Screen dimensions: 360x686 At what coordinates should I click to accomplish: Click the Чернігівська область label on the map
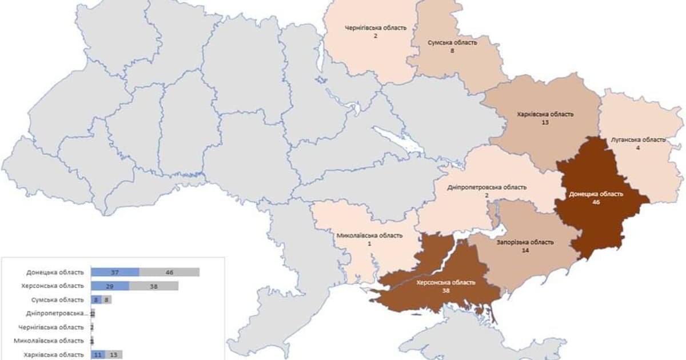click(376, 27)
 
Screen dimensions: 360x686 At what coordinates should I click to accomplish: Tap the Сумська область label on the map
click(452, 42)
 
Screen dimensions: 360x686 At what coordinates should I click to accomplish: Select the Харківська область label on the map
click(545, 114)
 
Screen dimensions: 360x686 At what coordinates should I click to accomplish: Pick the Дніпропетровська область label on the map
click(494, 187)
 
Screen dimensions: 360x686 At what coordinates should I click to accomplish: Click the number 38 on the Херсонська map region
click(445, 290)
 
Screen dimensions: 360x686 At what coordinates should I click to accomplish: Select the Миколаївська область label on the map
click(369, 235)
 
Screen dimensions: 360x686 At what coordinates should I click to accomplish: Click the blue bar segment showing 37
click(115, 272)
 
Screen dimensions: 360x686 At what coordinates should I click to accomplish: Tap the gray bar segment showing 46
click(169, 272)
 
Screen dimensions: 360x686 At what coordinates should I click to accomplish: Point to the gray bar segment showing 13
click(113, 354)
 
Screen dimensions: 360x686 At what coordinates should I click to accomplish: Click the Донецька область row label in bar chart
click(55, 272)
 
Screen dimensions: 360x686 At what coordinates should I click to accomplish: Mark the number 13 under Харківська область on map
click(544, 122)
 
